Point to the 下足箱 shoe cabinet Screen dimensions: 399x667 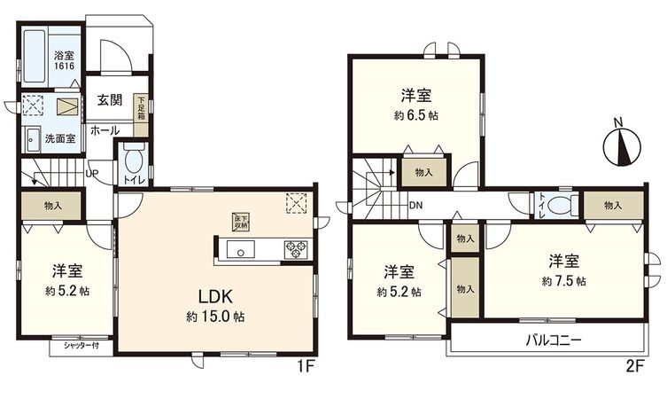point(140,109)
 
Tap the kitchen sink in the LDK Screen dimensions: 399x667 point(237,249)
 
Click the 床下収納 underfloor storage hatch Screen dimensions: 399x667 point(240,223)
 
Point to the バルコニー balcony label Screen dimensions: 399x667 point(554,339)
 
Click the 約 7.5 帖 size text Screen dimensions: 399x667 point(563,281)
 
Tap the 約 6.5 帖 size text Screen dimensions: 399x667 point(415,115)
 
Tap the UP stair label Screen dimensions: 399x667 point(91,173)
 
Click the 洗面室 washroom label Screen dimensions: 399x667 point(59,138)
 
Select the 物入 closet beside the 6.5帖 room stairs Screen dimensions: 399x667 point(423,173)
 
